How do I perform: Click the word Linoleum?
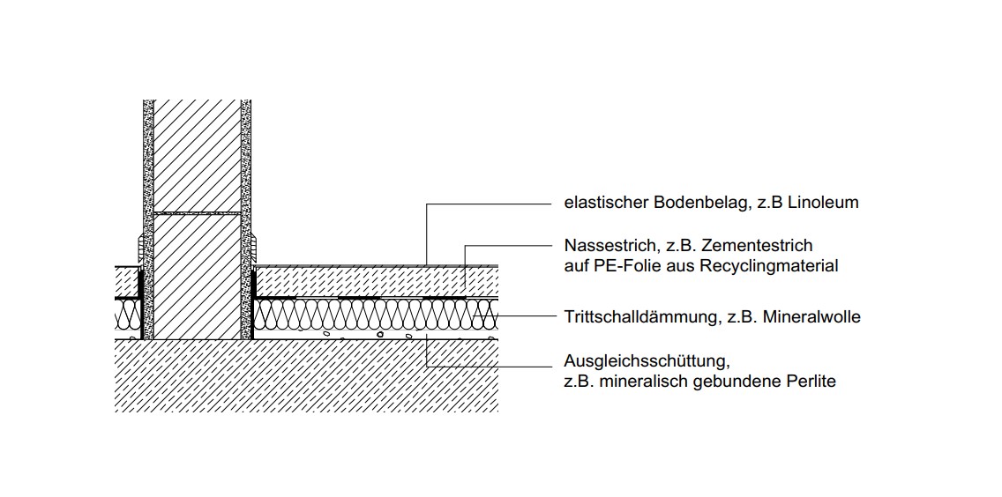(823, 204)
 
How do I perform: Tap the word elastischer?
(607, 204)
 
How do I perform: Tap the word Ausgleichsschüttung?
(647, 361)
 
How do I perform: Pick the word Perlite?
(811, 382)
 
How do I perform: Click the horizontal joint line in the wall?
(197, 212)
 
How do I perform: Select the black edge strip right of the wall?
(253, 303)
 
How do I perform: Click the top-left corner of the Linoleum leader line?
(426, 204)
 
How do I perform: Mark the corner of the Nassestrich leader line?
(465, 245)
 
